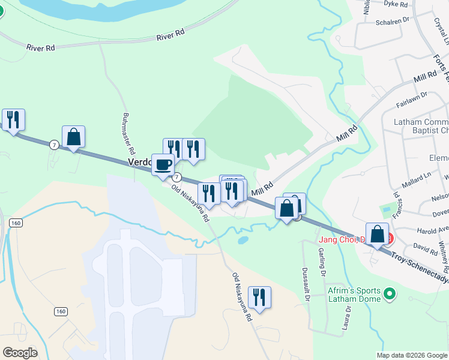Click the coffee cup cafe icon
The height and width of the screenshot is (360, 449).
click(x=163, y=164)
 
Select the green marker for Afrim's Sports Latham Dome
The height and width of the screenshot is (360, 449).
click(x=390, y=293)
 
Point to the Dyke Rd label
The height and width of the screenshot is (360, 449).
click(x=396, y=4)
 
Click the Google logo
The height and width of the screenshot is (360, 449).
click(x=20, y=352)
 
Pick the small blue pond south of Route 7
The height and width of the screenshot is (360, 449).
click(x=243, y=240)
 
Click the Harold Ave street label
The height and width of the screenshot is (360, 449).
click(x=433, y=230)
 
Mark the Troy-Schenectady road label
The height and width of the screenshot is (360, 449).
click(x=420, y=269)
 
